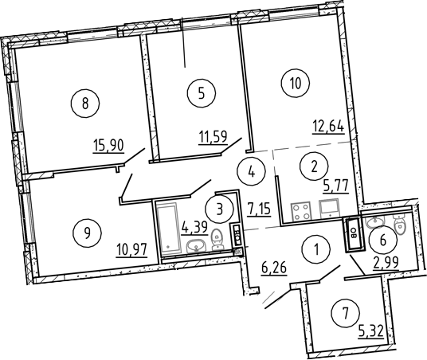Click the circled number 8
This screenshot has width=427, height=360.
click(x=85, y=104)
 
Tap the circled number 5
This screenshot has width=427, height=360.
click(x=202, y=93)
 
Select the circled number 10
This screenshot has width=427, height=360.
click(x=296, y=83)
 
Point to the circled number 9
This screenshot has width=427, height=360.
click(x=87, y=233)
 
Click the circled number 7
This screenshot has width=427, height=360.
click(x=345, y=313)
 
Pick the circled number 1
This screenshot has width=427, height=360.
click(x=316, y=248)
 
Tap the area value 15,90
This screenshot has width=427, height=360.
click(x=108, y=146)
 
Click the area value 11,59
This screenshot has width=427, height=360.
click(x=213, y=137)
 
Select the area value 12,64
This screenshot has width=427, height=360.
click(x=328, y=127)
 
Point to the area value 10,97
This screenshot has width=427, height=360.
click(x=131, y=250)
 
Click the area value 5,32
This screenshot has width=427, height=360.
click(x=371, y=331)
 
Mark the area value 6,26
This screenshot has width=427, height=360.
click(x=274, y=268)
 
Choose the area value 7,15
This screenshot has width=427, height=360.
click(x=259, y=209)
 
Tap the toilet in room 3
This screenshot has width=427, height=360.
click(x=217, y=240)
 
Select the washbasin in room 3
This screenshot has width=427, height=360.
click(x=196, y=245)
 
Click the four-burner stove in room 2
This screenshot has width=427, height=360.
click(x=300, y=211)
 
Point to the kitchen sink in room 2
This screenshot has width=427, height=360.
click(x=329, y=209)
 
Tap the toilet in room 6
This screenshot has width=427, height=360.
click(x=400, y=224)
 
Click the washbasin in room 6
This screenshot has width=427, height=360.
click(x=375, y=222)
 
